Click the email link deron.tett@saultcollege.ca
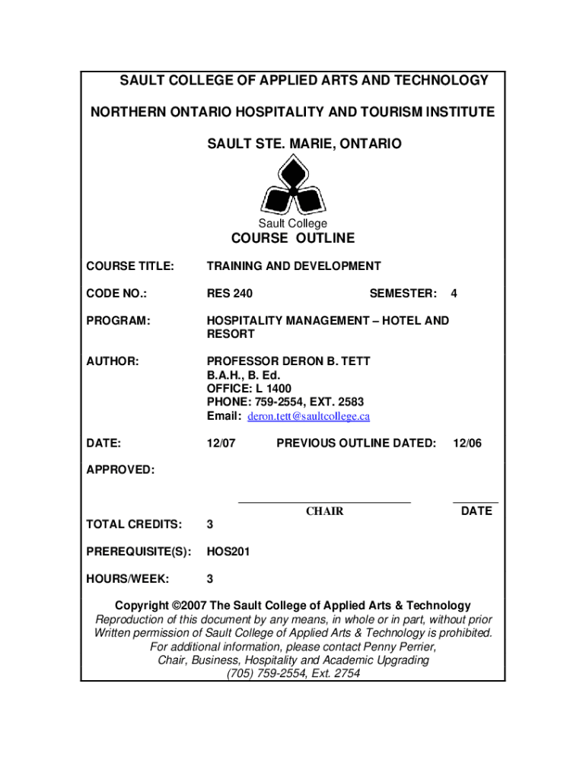[x=309, y=416]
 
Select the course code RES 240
[x=230, y=294]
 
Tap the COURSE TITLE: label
[x=130, y=266]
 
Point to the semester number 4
[x=454, y=294]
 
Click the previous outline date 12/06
[x=467, y=443]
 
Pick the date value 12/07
[x=221, y=443]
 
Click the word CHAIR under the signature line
[x=325, y=511]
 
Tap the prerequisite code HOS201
[x=228, y=551]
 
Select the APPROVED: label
[x=120, y=470]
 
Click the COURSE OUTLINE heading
[x=293, y=239]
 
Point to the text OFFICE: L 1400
[x=249, y=389]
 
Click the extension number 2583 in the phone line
[x=352, y=402]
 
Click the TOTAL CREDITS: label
[x=134, y=523]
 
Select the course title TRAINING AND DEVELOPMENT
[x=294, y=266]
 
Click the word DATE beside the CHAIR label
[x=476, y=511]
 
